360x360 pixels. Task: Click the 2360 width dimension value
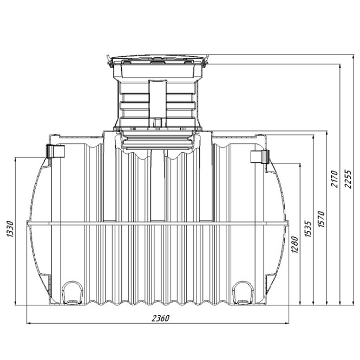tap(161, 318)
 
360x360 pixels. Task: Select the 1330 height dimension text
tap(10, 229)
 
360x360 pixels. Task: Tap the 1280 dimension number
tap(295, 245)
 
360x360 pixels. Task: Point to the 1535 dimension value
tap(308, 229)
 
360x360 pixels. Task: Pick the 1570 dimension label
tap(321, 219)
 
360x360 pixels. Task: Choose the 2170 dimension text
tap(335, 179)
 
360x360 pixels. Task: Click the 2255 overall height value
tap(348, 179)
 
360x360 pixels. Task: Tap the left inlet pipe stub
tap(55, 151)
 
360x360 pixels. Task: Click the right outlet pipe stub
tap(259, 156)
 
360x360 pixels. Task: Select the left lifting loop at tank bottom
tap(73, 293)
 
